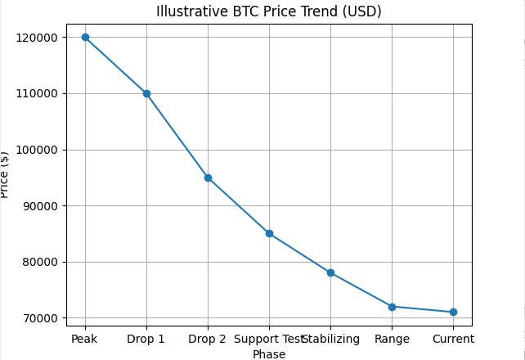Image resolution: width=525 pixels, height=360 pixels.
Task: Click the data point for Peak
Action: click(85, 37)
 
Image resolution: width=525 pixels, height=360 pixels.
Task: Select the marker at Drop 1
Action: click(146, 93)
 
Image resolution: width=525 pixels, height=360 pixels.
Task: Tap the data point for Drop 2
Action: click(208, 178)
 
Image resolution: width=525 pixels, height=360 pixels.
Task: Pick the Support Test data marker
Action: click(269, 233)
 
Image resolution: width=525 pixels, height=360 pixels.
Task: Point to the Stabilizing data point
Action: click(330, 272)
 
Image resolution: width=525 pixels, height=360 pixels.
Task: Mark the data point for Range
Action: click(392, 307)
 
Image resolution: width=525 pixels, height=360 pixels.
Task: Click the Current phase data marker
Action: click(453, 312)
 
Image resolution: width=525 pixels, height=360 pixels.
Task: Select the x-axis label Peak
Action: click(85, 339)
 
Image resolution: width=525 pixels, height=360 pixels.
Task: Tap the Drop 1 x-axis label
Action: click(146, 339)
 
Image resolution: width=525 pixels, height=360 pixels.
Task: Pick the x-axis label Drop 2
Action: click(208, 339)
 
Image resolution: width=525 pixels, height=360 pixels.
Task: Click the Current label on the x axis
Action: click(453, 339)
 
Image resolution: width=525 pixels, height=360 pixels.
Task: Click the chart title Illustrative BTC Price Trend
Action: click(269, 11)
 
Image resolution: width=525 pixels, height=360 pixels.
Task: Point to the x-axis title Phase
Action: click(269, 354)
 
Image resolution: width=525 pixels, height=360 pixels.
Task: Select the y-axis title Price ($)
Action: click(6, 174)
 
